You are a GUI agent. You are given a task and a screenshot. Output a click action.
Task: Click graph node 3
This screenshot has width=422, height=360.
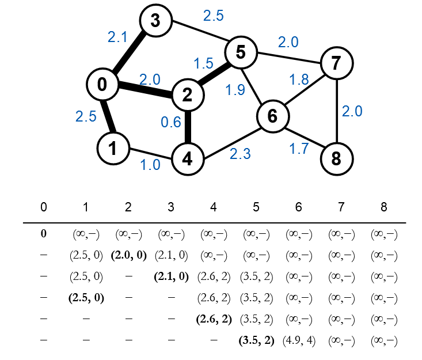(155, 21)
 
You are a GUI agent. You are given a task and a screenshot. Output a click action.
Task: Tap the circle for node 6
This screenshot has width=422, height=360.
(272, 116)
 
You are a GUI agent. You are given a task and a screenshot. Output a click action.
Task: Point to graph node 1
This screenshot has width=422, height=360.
(112, 149)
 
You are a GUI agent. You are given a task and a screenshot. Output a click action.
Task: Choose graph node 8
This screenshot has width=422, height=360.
(336, 158)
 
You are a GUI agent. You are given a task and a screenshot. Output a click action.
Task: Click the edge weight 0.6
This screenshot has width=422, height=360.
(171, 122)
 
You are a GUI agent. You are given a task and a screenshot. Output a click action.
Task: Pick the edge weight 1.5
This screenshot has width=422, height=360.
(204, 63)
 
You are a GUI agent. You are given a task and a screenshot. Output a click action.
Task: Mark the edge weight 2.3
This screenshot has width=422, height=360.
(239, 154)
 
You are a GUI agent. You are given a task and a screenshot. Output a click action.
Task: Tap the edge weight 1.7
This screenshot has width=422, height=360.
(299, 149)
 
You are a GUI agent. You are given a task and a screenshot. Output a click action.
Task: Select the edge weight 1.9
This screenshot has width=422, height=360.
(236, 90)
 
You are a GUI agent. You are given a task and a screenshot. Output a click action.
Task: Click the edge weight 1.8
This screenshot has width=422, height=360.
(299, 79)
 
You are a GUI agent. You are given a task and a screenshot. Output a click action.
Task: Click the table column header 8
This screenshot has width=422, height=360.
(384, 207)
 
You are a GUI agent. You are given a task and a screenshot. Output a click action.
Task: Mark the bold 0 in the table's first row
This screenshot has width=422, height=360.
(44, 234)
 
